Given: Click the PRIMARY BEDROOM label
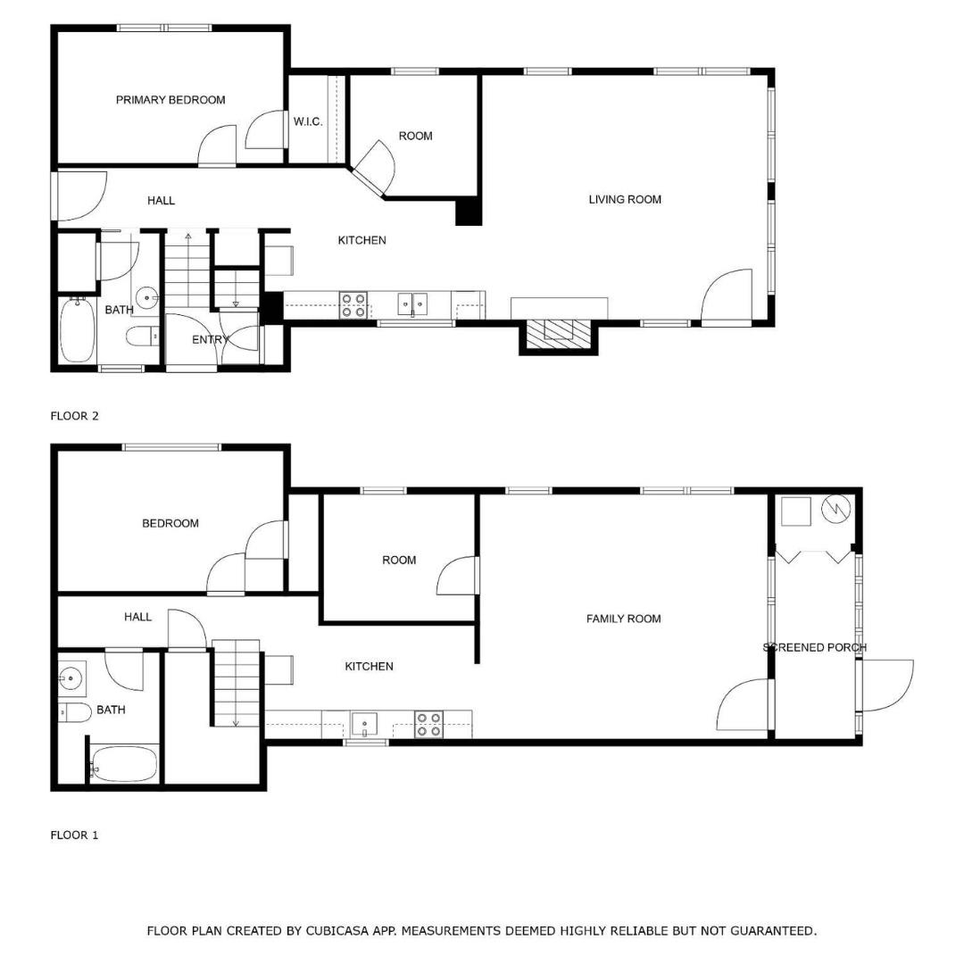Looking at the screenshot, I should (x=170, y=100).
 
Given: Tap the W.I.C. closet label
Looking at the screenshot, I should (x=308, y=121).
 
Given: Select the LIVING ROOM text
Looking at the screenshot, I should (x=625, y=199).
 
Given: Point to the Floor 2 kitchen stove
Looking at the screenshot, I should (x=353, y=305).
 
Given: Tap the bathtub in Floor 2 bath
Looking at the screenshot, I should (x=77, y=331).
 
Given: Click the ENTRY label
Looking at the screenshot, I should (x=211, y=339).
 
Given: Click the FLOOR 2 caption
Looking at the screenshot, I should (x=74, y=415).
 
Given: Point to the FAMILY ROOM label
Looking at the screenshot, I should (x=623, y=619).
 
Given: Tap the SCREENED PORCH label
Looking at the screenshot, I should (x=814, y=647).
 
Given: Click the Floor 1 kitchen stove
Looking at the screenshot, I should (x=429, y=724).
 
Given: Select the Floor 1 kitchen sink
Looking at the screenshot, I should (x=364, y=722).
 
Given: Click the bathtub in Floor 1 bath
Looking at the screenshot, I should (x=124, y=765).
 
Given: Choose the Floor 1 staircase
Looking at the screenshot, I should (x=237, y=684).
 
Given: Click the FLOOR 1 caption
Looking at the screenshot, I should (x=74, y=835).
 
